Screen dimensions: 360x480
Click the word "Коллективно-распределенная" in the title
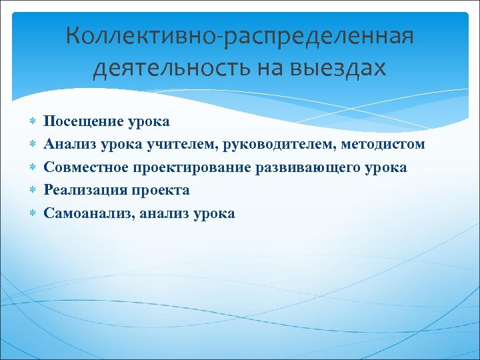240,37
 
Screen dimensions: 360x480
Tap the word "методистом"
383,144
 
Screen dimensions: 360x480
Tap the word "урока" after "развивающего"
386,167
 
